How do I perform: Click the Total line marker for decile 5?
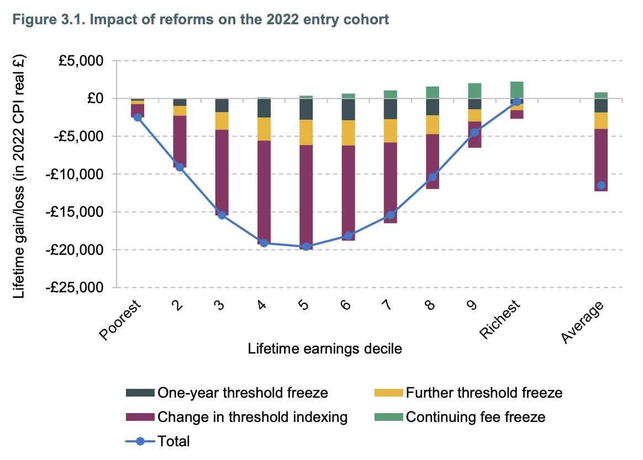(306, 247)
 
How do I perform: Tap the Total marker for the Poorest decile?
(138, 117)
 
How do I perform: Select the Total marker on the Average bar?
(601, 185)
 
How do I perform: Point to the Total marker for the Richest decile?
(516, 101)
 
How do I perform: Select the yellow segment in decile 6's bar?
(348, 133)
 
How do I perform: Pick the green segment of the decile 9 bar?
(475, 91)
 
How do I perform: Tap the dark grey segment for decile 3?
(222, 106)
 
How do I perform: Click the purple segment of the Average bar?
(601, 160)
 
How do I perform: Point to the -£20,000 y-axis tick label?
(74, 250)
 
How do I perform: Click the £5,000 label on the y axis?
(81, 61)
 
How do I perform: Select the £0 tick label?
(95, 99)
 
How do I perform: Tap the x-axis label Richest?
(500, 319)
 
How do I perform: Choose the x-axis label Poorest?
(120, 320)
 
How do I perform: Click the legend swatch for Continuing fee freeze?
(389, 417)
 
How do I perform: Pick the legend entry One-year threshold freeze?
(227, 393)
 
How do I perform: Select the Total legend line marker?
(140, 441)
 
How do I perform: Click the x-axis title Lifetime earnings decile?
(325, 349)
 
